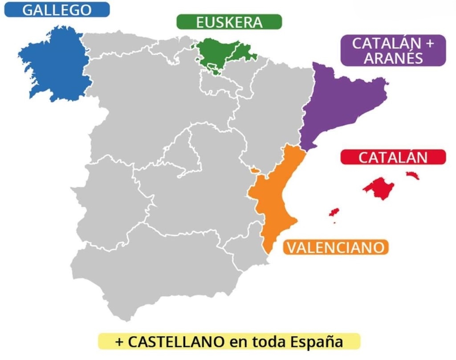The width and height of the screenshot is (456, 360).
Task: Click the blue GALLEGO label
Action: [x=57, y=10]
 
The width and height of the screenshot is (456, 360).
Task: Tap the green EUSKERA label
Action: [x=229, y=22]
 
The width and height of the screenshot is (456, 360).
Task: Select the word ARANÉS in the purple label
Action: [x=393, y=58]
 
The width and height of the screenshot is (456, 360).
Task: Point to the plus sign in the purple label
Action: [x=429, y=44]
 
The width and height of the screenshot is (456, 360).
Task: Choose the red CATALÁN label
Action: [x=393, y=157]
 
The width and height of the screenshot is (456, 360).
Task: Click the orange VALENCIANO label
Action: [x=335, y=247]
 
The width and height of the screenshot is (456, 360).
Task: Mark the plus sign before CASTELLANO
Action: [x=119, y=342]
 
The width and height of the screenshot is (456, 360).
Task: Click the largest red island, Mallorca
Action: [x=379, y=188]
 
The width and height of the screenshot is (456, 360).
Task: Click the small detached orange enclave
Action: [x=254, y=170]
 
